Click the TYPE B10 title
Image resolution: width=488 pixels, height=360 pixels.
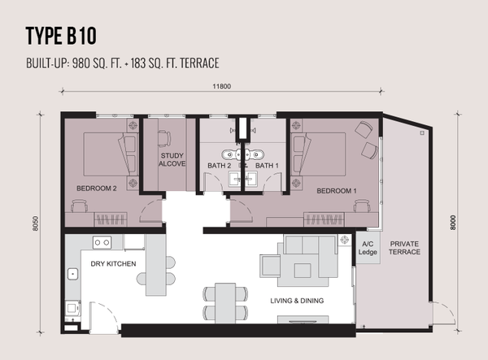point(61,36)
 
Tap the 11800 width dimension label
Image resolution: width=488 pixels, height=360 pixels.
point(221,86)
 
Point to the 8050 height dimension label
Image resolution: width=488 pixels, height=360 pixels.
point(36,223)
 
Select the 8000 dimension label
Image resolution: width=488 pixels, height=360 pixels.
point(453,223)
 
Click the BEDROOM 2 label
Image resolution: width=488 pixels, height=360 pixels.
point(97,189)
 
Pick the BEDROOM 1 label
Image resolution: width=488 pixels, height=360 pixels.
point(337,191)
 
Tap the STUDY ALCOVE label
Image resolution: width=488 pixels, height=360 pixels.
point(172,159)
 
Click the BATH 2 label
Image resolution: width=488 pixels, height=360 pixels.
point(219,166)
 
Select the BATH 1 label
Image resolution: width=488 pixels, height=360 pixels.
point(267,166)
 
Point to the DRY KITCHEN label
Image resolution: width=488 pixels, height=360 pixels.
point(113,264)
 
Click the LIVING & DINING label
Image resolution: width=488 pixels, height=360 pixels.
point(297,301)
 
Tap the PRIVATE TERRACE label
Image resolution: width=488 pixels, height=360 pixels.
point(404,248)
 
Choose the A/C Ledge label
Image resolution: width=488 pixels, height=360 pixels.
point(368,248)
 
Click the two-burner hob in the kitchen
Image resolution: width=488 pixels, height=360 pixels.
point(102,242)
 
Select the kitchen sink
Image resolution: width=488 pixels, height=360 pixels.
point(72,274)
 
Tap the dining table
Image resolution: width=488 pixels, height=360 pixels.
point(225,303)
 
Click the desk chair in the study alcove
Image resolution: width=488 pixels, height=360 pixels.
point(164,138)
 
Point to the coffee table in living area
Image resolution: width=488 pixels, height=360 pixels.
point(303,271)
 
